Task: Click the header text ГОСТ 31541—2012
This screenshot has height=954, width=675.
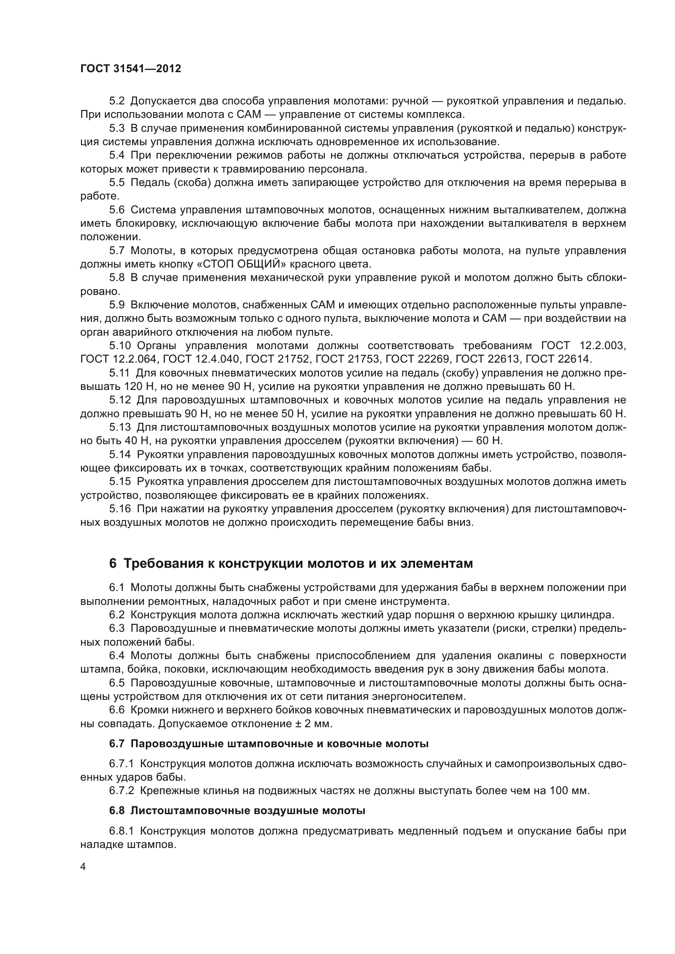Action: (x=131, y=69)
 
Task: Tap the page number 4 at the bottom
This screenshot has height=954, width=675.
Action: (x=83, y=866)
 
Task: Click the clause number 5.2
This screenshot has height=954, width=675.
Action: (x=117, y=101)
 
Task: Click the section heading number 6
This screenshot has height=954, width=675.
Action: (x=113, y=564)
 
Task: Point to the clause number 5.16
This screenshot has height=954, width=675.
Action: (x=120, y=509)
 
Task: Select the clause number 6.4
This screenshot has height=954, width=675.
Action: (x=117, y=656)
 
